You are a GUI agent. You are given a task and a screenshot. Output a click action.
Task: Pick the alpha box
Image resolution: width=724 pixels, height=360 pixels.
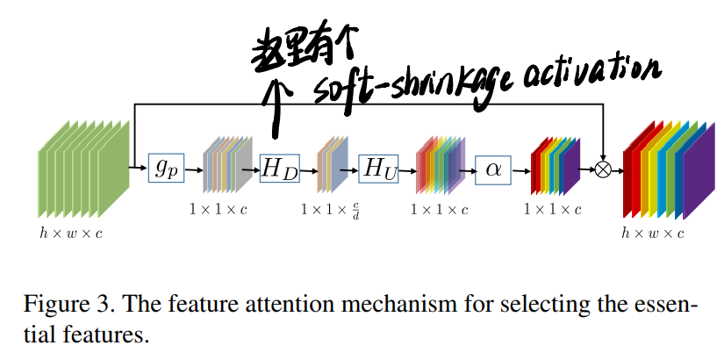pyautogui.click(x=492, y=167)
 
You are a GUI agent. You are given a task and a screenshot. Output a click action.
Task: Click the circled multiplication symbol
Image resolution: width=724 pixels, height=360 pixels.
pyautogui.click(x=603, y=169)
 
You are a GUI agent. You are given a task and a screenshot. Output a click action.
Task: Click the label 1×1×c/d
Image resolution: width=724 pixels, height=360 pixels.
pyautogui.click(x=331, y=212)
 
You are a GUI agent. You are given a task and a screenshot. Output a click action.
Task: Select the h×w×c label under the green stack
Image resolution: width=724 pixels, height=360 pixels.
pyautogui.click(x=70, y=233)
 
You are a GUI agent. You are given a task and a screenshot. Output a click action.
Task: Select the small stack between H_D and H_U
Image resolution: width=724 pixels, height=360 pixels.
pyautogui.click(x=331, y=166)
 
